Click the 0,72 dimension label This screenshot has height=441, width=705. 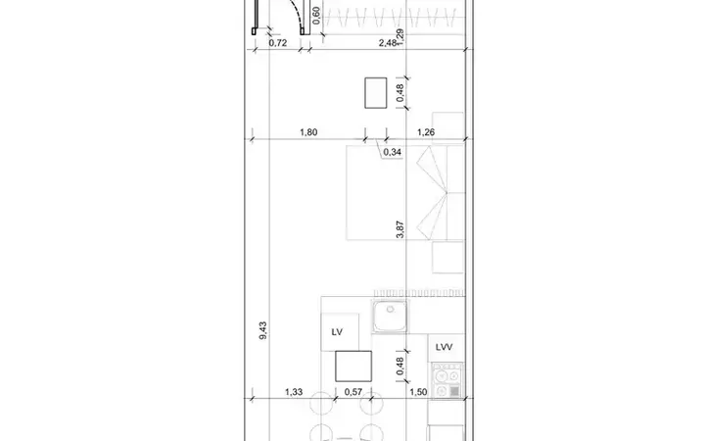pyautogui.click(x=278, y=43)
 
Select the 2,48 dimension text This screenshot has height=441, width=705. pyautogui.click(x=387, y=43)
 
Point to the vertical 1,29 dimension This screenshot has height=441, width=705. pyautogui.click(x=400, y=37)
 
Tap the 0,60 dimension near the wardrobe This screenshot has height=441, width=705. pyautogui.click(x=316, y=16)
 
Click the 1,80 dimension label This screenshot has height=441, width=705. pyautogui.click(x=308, y=132)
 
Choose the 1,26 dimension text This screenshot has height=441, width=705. pyautogui.click(x=426, y=132)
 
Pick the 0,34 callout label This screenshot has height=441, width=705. pyautogui.click(x=392, y=152)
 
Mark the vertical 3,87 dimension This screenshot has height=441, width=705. pyautogui.click(x=400, y=229)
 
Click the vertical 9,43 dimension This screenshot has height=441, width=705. pyautogui.click(x=263, y=330)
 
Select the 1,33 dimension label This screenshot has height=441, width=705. pyautogui.click(x=294, y=392)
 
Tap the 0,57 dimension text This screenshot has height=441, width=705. pyautogui.click(x=353, y=392)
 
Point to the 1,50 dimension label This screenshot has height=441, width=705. pyautogui.click(x=418, y=392)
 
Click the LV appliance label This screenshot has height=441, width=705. pyautogui.click(x=337, y=332)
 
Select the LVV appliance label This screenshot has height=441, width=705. pyautogui.click(x=444, y=347)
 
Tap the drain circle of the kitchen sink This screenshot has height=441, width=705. pyautogui.click(x=391, y=309)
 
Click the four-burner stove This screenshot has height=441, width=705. pyautogui.click(x=446, y=380)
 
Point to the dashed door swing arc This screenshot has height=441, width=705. pyautogui.click(x=295, y=14)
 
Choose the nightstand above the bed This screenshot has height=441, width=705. pyautogui.click(x=447, y=125)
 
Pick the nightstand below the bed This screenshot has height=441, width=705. pyautogui.click(x=447, y=258)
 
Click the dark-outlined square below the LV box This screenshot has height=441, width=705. pyautogui.click(x=353, y=367)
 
